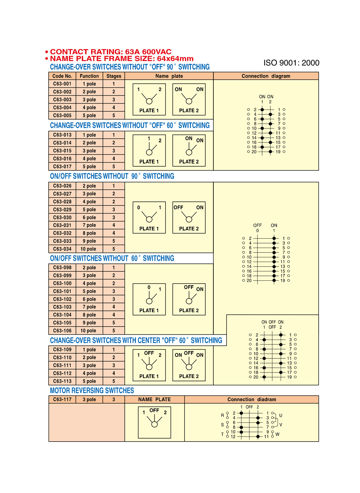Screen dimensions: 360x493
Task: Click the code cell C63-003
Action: (62, 100)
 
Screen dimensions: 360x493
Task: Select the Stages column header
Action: (114, 76)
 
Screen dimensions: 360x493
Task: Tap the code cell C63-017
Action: (62, 166)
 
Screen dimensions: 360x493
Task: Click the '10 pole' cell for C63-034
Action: (89, 249)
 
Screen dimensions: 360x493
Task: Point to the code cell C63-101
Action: (62, 291)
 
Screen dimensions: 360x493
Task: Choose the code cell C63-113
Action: (62, 381)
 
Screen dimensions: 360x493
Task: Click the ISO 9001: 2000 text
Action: (291, 63)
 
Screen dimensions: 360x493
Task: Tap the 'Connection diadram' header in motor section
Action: (251, 400)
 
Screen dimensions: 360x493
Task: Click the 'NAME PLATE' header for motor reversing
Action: (154, 400)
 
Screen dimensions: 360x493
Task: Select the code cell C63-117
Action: (62, 400)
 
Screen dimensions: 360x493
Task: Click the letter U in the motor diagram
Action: (281, 416)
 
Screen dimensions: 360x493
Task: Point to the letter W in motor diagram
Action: (277, 434)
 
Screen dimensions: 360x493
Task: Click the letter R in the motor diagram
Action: (222, 415)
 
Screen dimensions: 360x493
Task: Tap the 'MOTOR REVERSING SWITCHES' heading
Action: (92, 391)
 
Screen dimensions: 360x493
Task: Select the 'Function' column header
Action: (89, 76)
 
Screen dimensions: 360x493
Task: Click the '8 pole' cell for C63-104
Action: (89, 315)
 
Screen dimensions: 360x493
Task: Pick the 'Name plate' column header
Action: (169, 76)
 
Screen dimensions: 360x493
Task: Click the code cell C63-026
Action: (62, 186)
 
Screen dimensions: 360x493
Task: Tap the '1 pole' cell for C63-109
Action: (89, 349)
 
